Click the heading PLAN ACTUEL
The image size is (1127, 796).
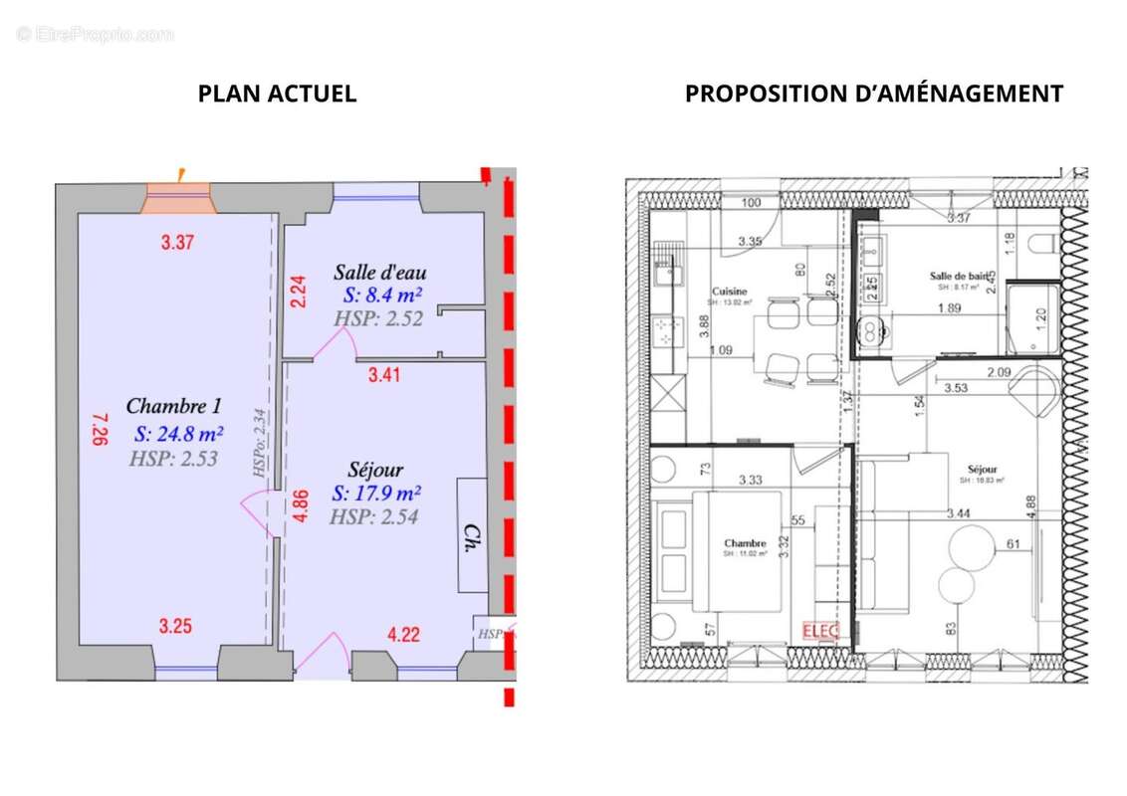277,94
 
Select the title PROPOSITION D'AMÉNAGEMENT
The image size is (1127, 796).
873,94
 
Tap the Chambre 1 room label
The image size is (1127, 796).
173,406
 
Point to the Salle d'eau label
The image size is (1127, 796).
380,272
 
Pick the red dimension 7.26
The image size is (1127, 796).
99,431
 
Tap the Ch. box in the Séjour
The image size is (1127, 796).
472,535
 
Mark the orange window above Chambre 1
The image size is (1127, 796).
178,199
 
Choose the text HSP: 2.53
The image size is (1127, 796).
172,459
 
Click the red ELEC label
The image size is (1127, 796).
820,631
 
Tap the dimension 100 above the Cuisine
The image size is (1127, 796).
752,204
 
